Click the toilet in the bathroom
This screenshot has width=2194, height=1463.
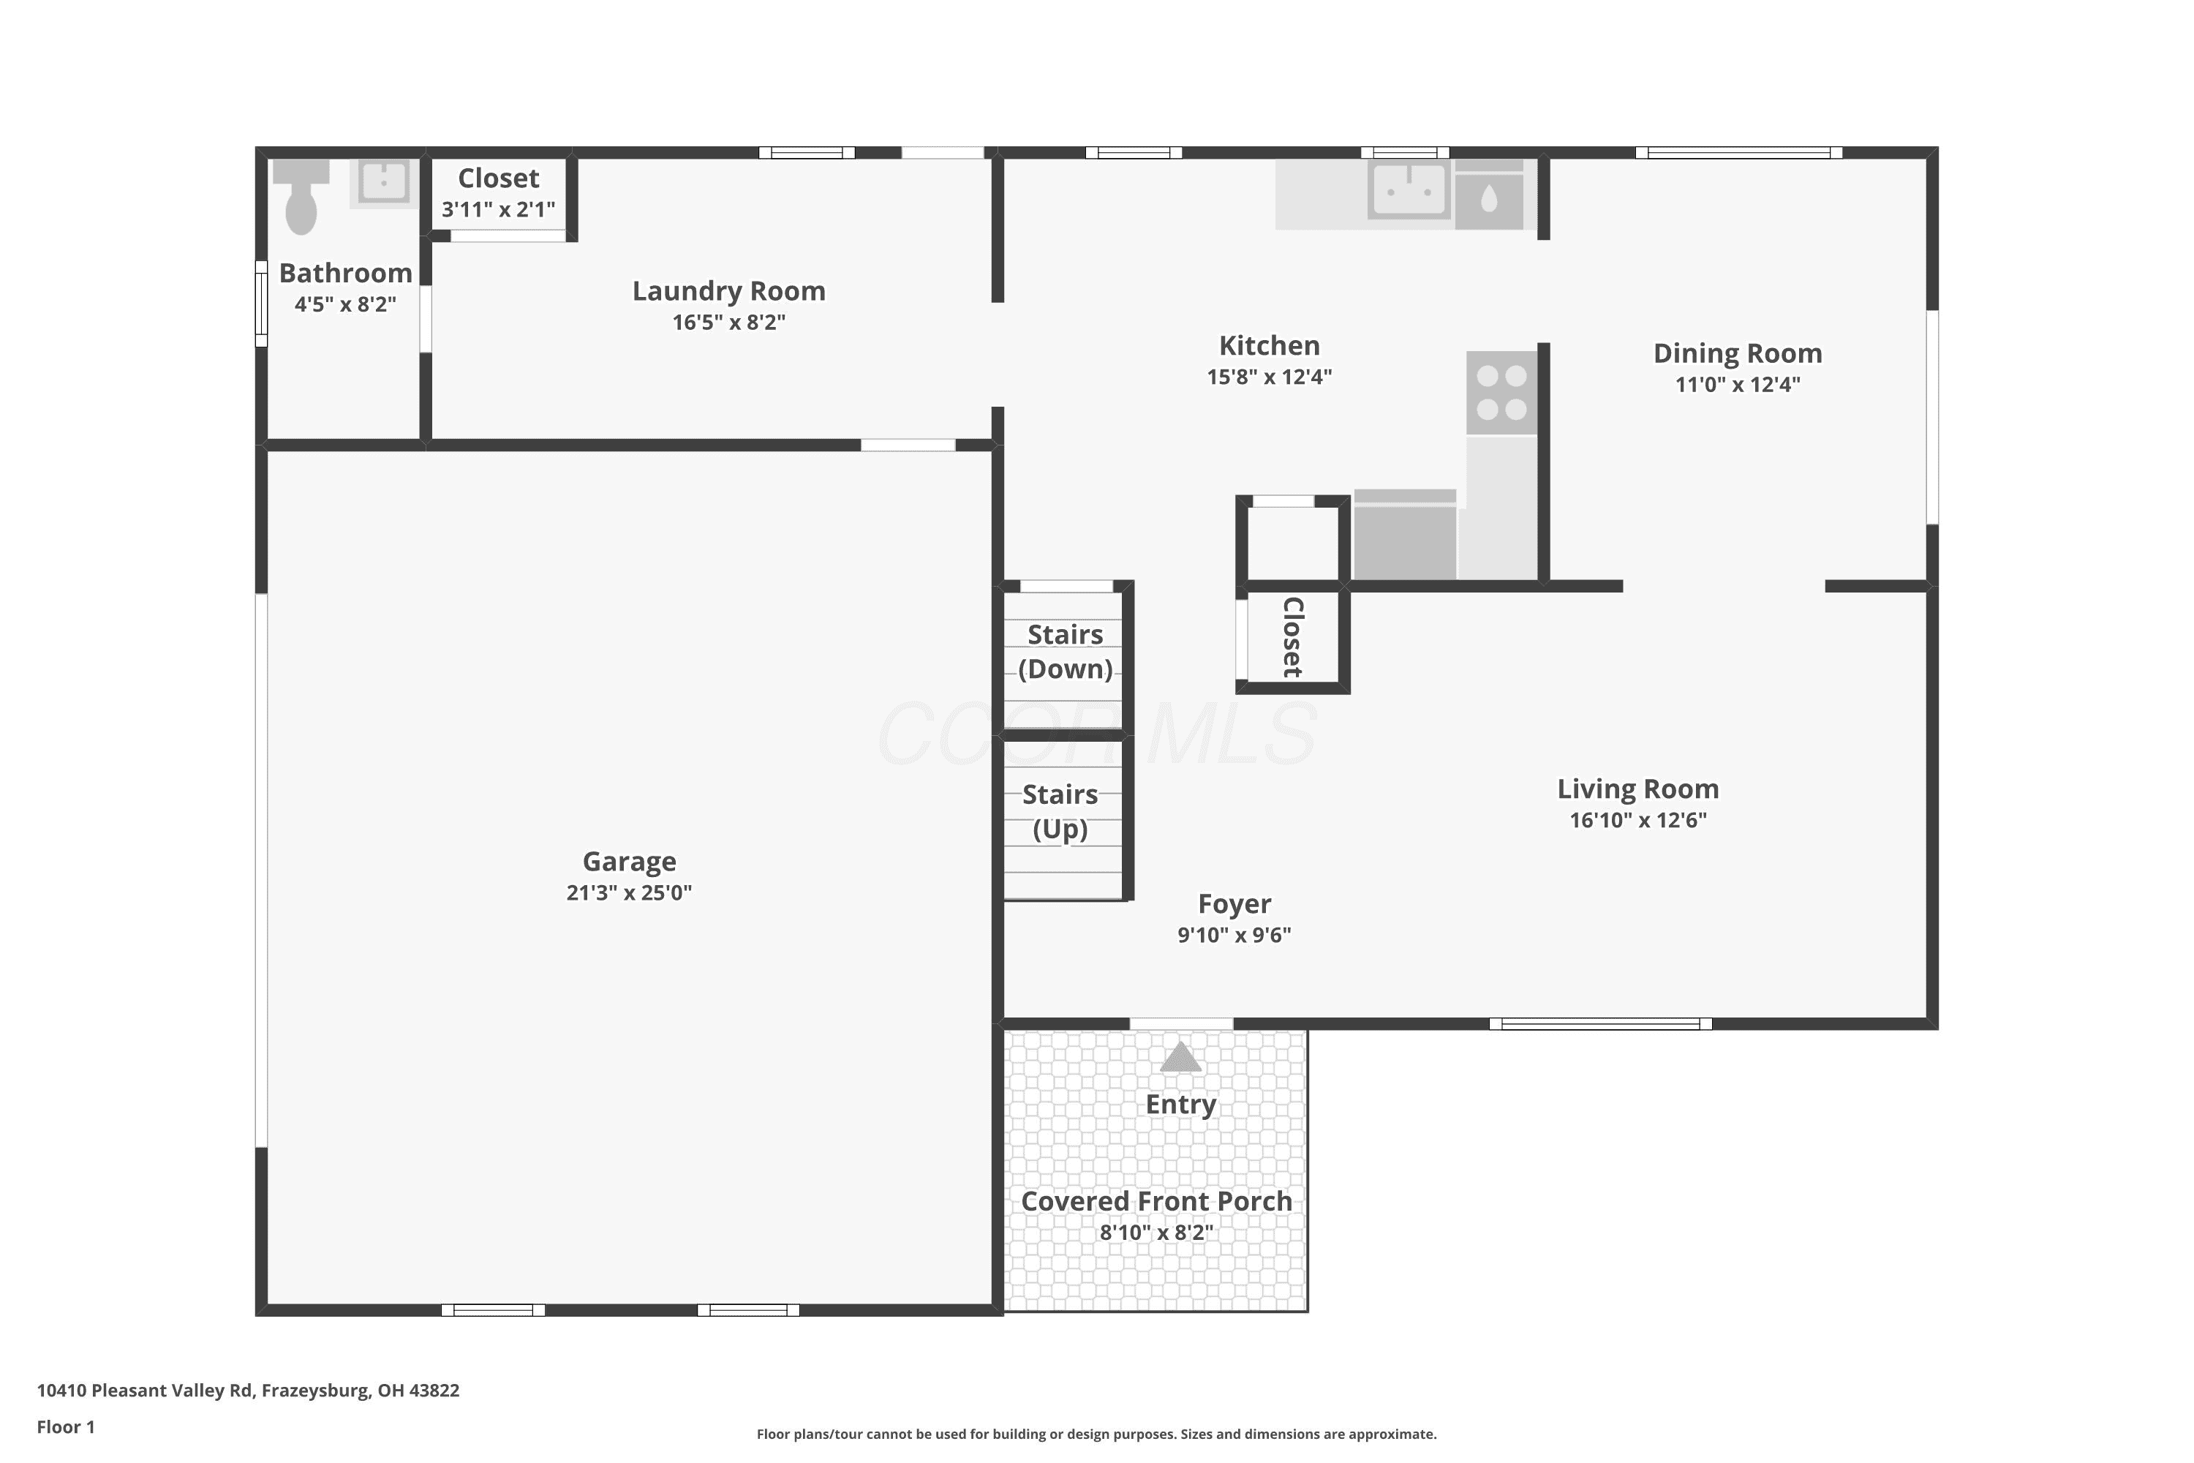pos(301,197)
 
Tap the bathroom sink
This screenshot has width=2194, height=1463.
pos(383,183)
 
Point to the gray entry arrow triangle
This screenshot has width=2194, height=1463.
pos(1181,1057)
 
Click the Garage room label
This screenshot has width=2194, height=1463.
pos(630,861)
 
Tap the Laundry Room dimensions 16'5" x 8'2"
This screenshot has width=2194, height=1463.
pos(729,322)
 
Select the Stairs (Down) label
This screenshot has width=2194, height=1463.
pos(1066,651)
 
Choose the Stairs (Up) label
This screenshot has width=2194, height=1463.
pos(1060,812)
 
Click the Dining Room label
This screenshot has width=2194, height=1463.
pos(1738,353)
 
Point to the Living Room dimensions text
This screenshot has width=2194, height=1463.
pos(1638,820)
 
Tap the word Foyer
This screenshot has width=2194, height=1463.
pos(1234,904)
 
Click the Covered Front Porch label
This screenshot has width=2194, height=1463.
pos(1157,1201)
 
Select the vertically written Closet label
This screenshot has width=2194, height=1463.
pos(1293,637)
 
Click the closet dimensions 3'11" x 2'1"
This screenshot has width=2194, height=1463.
pos(498,209)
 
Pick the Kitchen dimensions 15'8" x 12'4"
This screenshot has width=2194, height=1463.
pos(1270,377)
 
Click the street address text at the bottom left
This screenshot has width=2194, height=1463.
pos(248,1391)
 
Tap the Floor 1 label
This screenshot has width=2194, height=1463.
pos(67,1426)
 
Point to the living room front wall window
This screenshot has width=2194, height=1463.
pos(1601,1023)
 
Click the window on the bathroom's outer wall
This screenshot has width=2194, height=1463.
pos(262,304)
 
